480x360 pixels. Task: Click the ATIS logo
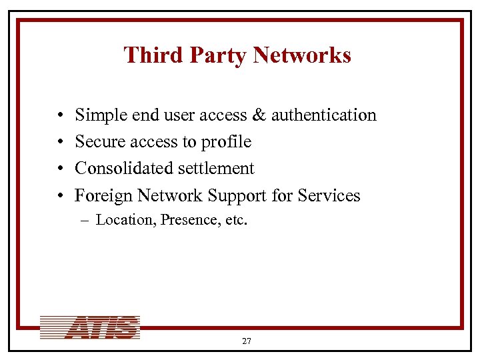coord(90,327)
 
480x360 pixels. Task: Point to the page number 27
coord(247,341)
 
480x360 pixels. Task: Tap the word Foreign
coord(103,195)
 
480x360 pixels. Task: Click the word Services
coord(329,195)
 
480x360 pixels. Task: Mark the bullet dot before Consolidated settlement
coord(60,169)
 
